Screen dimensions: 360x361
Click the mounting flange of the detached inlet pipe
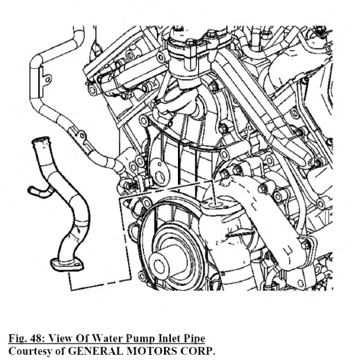(x=67, y=265)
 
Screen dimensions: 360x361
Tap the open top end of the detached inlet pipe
(x=41, y=140)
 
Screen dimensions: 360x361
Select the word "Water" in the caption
(x=106, y=339)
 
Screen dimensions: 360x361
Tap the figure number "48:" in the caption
(x=38, y=339)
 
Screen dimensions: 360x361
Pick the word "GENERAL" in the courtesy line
(x=95, y=351)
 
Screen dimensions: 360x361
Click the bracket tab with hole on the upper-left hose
(x=46, y=80)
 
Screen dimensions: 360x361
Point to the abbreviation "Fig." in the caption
(x=18, y=339)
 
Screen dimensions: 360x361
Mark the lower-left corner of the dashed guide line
(x=71, y=289)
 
